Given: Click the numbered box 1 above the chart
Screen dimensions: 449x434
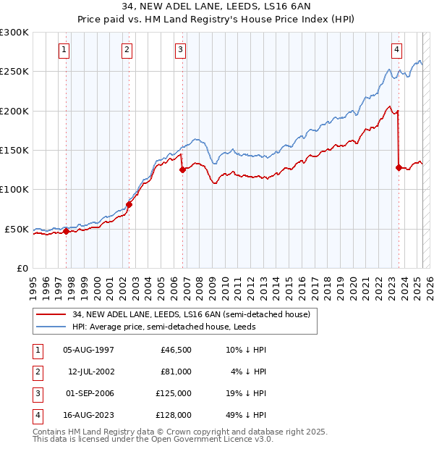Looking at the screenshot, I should [x=64, y=50].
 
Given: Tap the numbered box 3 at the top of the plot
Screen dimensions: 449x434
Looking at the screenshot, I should [x=180, y=50].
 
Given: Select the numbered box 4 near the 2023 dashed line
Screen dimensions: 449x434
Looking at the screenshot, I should [x=397, y=50].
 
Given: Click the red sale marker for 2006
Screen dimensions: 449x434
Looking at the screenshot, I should [x=182, y=170].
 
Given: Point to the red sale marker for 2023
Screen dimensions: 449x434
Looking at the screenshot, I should [x=399, y=167].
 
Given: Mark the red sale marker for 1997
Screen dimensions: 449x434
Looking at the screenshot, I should [x=66, y=232].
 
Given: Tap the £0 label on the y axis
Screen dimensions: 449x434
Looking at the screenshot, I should [x=22, y=268].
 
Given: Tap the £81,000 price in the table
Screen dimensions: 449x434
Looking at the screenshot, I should [x=176, y=372].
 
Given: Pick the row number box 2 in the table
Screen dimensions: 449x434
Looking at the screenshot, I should [x=36, y=372].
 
